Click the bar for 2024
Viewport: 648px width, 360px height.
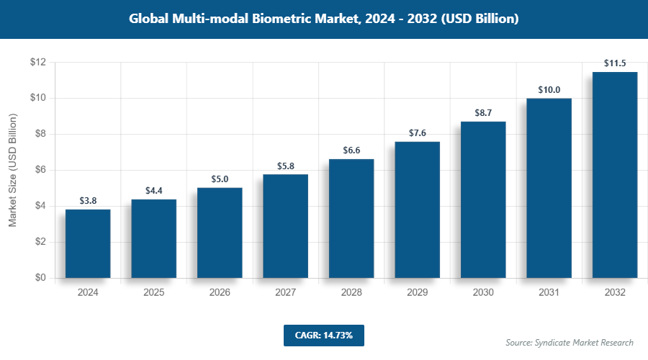[88, 243]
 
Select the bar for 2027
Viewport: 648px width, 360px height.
[285, 226]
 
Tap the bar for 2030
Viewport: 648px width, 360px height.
[483, 199]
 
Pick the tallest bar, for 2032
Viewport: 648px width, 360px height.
[615, 175]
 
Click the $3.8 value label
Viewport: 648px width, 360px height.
[88, 201]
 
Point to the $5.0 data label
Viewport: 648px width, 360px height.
[220, 179]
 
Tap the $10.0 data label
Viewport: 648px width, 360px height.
[549, 90]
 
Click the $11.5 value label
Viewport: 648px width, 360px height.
[615, 63]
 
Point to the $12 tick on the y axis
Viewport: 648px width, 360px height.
[38, 63]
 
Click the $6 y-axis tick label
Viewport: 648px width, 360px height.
[40, 170]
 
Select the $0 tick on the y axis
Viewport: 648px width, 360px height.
[40, 278]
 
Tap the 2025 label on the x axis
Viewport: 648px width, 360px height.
[153, 293]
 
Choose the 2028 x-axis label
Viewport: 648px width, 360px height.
[351, 293]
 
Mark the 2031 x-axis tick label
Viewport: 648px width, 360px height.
[549, 293]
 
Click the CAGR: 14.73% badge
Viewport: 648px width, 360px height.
[324, 335]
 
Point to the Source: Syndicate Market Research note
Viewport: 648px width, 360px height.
[570, 342]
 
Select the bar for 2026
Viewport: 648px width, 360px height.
[220, 233]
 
